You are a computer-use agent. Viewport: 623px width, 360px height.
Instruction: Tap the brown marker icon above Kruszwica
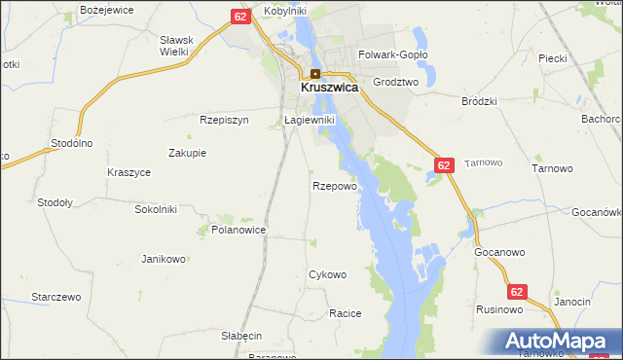[x=315, y=74]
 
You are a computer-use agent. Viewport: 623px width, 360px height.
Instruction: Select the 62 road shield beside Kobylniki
[x=240, y=17]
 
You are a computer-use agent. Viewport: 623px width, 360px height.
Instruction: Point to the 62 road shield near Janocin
[x=517, y=291]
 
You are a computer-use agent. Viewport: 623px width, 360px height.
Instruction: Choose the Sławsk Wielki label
[x=177, y=46]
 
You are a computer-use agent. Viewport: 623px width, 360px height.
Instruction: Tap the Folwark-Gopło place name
[x=393, y=56]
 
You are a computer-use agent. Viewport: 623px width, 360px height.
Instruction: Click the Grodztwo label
[x=395, y=83]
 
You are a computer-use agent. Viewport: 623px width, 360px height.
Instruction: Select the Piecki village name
[x=552, y=58]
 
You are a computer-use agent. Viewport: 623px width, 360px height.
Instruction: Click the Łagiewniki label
[x=310, y=120]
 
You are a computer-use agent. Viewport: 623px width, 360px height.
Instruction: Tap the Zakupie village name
[x=187, y=153]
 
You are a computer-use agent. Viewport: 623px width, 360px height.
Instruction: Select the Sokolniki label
[x=156, y=208]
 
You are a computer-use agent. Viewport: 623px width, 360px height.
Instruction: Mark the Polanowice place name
[x=238, y=231]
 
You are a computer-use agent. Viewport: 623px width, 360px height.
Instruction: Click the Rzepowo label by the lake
[x=335, y=185]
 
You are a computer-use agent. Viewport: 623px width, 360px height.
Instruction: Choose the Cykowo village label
[x=327, y=274]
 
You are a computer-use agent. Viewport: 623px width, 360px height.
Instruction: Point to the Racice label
[x=346, y=313]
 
